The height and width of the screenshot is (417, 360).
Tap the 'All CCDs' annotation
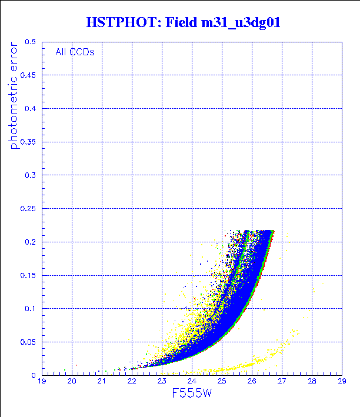tap(75, 51)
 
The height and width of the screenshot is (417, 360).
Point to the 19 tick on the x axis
tap(42, 382)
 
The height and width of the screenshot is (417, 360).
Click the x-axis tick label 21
tap(102, 382)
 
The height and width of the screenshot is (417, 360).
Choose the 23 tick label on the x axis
tap(162, 382)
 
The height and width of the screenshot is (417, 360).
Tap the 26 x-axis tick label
tap(252, 382)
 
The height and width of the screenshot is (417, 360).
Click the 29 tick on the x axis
tap(342, 382)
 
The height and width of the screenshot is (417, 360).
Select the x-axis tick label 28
tap(312, 382)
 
